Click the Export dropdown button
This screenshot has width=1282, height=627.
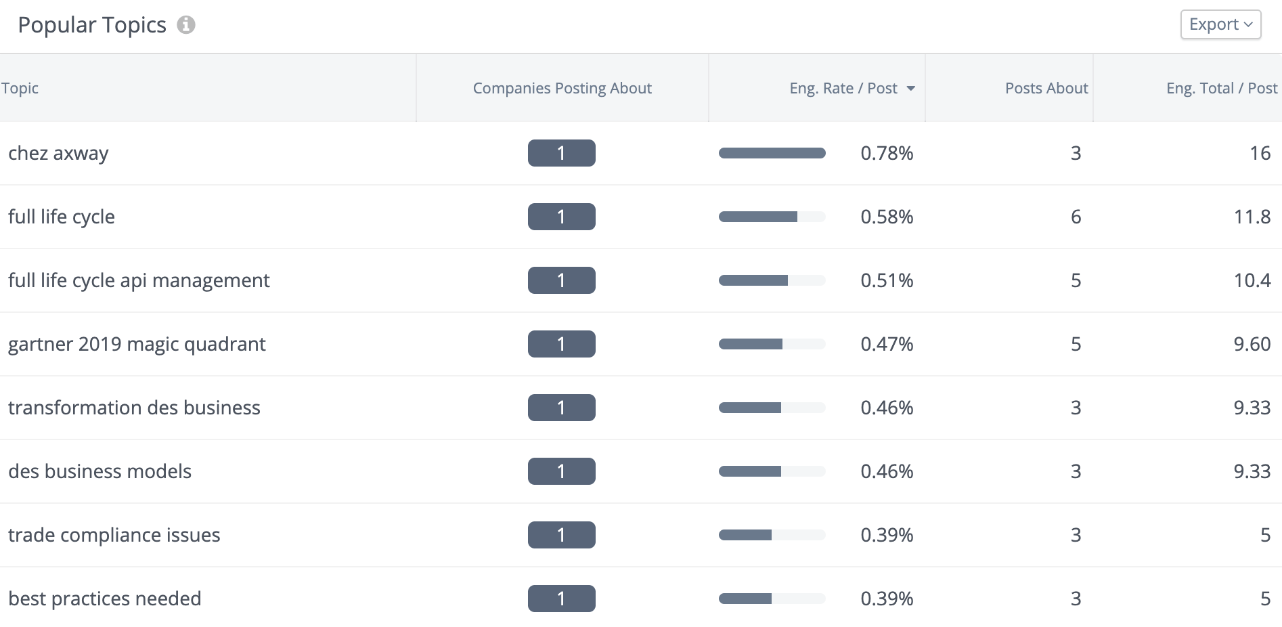coord(1220,24)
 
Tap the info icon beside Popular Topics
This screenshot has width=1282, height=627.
coord(186,25)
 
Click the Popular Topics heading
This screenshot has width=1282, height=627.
coord(92,25)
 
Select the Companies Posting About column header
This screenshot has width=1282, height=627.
coord(562,88)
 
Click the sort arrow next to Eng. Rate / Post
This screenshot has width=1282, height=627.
coord(911,89)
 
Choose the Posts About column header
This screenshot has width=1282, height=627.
coord(1046,88)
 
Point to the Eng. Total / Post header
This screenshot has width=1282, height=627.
coord(1221,88)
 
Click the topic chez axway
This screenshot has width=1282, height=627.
coord(58,153)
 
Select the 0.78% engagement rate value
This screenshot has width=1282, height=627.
coord(887,153)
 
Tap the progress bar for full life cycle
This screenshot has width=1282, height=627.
coord(772,217)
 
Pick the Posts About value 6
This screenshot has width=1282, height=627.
coord(1076,217)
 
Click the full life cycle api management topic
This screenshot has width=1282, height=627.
coord(139,280)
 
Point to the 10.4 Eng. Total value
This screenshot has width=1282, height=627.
coord(1252,280)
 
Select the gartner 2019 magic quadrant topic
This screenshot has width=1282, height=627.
coord(137,344)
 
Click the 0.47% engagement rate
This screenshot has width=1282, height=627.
coord(887,344)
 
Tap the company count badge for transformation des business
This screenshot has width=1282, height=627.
coord(561,408)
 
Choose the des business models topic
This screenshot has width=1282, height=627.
coord(100,471)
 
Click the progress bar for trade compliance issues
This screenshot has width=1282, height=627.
coord(772,535)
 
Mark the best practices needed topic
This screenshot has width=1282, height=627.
coord(104,599)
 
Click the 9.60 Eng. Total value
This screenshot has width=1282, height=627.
coord(1252,344)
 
